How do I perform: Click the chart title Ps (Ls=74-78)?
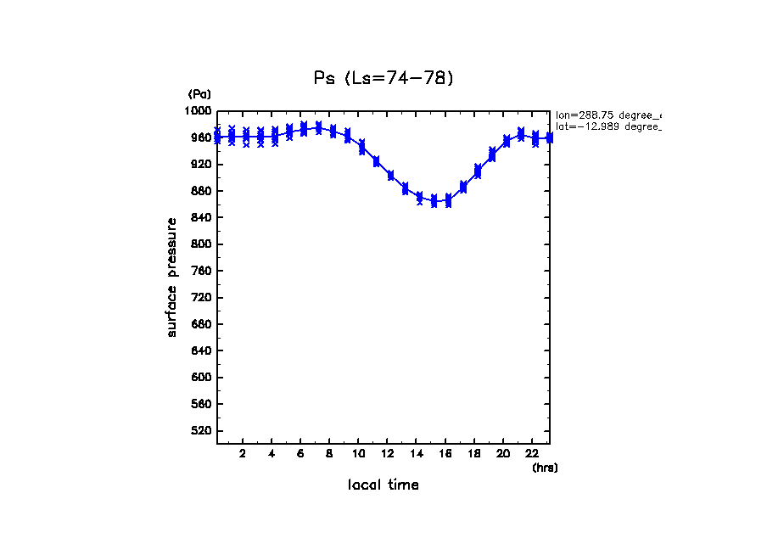[x=383, y=78]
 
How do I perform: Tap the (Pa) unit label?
[x=199, y=94]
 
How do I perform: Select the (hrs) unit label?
[x=545, y=468]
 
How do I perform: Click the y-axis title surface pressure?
[x=172, y=277]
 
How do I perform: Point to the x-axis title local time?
[x=383, y=485]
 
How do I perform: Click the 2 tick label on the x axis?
[x=243, y=454]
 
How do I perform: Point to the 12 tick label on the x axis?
[x=387, y=454]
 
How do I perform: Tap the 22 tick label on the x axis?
[x=531, y=454]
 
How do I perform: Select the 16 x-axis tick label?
[x=445, y=454]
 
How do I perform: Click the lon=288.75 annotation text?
[x=607, y=115]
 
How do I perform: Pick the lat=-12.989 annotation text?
[x=607, y=126]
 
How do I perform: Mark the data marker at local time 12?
[x=390, y=175]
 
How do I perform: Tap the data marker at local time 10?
[x=361, y=147]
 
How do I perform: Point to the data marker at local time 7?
[x=318, y=128]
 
